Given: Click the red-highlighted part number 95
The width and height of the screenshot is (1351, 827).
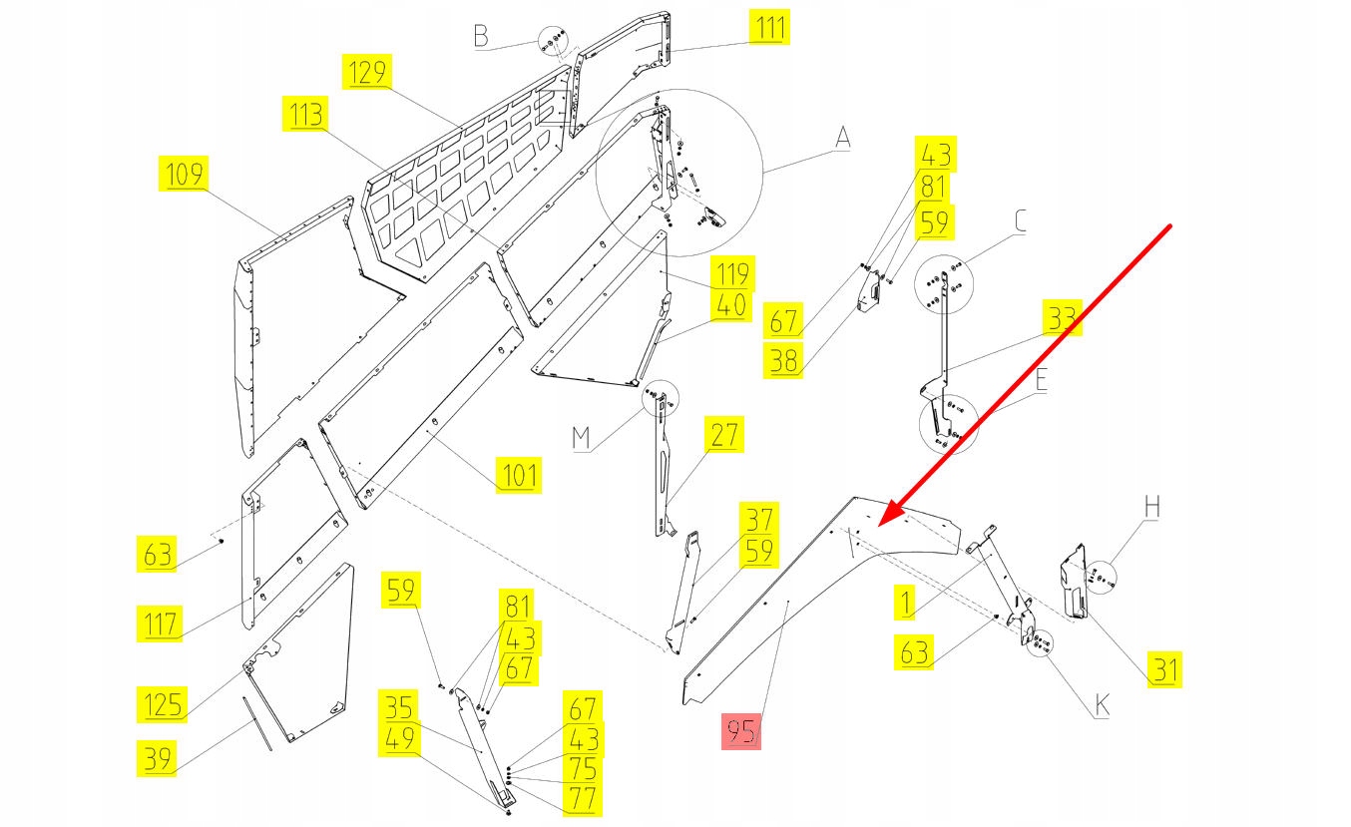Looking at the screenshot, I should (741, 731).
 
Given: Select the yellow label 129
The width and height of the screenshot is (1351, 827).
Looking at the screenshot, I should (366, 73).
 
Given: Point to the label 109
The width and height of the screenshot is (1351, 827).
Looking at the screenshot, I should (183, 174).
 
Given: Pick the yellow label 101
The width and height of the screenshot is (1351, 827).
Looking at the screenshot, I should (519, 475).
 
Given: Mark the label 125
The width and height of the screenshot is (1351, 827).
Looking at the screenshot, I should (163, 704).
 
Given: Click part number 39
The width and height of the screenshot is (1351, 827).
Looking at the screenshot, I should (158, 758).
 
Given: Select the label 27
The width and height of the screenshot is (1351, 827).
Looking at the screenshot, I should (725, 435).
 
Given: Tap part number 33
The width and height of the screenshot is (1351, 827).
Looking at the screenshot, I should (1063, 318).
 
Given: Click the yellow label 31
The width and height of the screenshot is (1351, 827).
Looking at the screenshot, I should (1164, 668).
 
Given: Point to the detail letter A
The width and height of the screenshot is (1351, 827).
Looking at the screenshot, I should (843, 137).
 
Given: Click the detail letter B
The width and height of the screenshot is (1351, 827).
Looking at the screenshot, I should (481, 37).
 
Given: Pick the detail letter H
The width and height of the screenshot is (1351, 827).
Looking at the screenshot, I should (1152, 506).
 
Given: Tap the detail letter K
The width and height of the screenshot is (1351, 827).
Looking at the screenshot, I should (1102, 706).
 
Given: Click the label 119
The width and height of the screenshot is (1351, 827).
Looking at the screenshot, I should (732, 272).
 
